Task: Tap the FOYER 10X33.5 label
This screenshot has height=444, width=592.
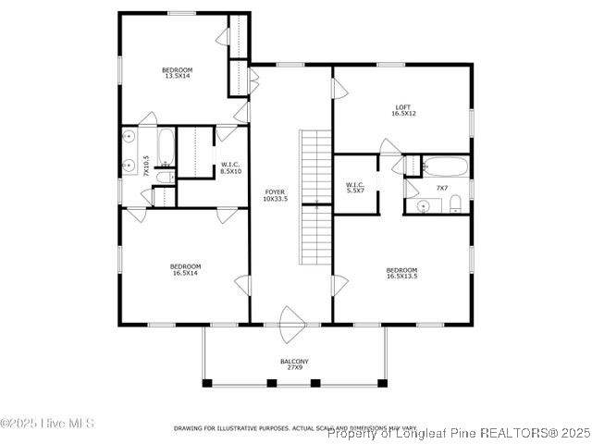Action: [x=276, y=195]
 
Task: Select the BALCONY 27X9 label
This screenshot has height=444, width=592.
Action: [x=294, y=364]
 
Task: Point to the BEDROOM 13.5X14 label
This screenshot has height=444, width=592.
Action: [x=177, y=73]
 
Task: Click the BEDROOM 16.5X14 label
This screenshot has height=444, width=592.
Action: [x=186, y=269]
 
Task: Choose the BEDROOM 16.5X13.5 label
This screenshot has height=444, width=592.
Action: [x=401, y=272]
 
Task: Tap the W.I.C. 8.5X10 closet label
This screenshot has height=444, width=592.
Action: [x=230, y=167]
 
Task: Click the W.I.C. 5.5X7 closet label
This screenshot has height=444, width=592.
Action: [x=355, y=188]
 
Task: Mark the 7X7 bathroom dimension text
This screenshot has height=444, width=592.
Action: [x=442, y=188]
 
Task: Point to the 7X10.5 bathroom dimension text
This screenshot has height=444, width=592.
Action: [x=145, y=166]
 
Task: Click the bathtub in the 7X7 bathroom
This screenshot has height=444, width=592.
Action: [x=446, y=167]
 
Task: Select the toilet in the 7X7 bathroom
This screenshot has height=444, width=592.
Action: [x=455, y=206]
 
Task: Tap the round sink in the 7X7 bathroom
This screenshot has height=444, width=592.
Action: [x=423, y=206]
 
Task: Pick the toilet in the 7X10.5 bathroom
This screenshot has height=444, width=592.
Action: [x=164, y=177]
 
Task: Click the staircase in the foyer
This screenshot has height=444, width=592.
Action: [x=315, y=197]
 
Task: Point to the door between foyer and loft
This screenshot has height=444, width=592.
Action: [x=339, y=89]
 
